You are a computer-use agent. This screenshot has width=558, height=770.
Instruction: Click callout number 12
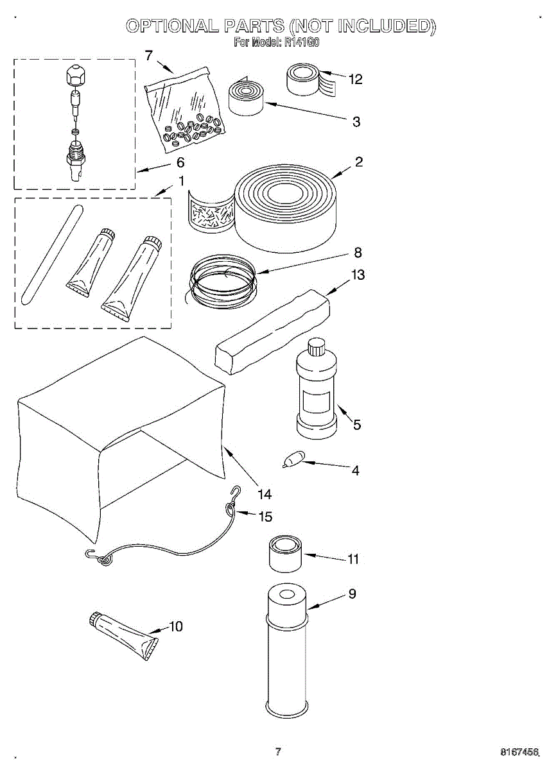(x=355, y=80)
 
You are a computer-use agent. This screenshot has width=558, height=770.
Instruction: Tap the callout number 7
(x=149, y=56)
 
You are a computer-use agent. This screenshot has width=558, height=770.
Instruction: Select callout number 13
(x=358, y=275)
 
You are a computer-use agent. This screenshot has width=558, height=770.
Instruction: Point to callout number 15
(x=265, y=517)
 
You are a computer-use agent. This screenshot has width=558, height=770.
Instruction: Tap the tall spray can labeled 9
(x=287, y=654)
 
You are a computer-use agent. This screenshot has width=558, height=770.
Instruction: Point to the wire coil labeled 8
(x=222, y=282)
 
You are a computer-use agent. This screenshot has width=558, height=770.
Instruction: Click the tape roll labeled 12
(x=308, y=80)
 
